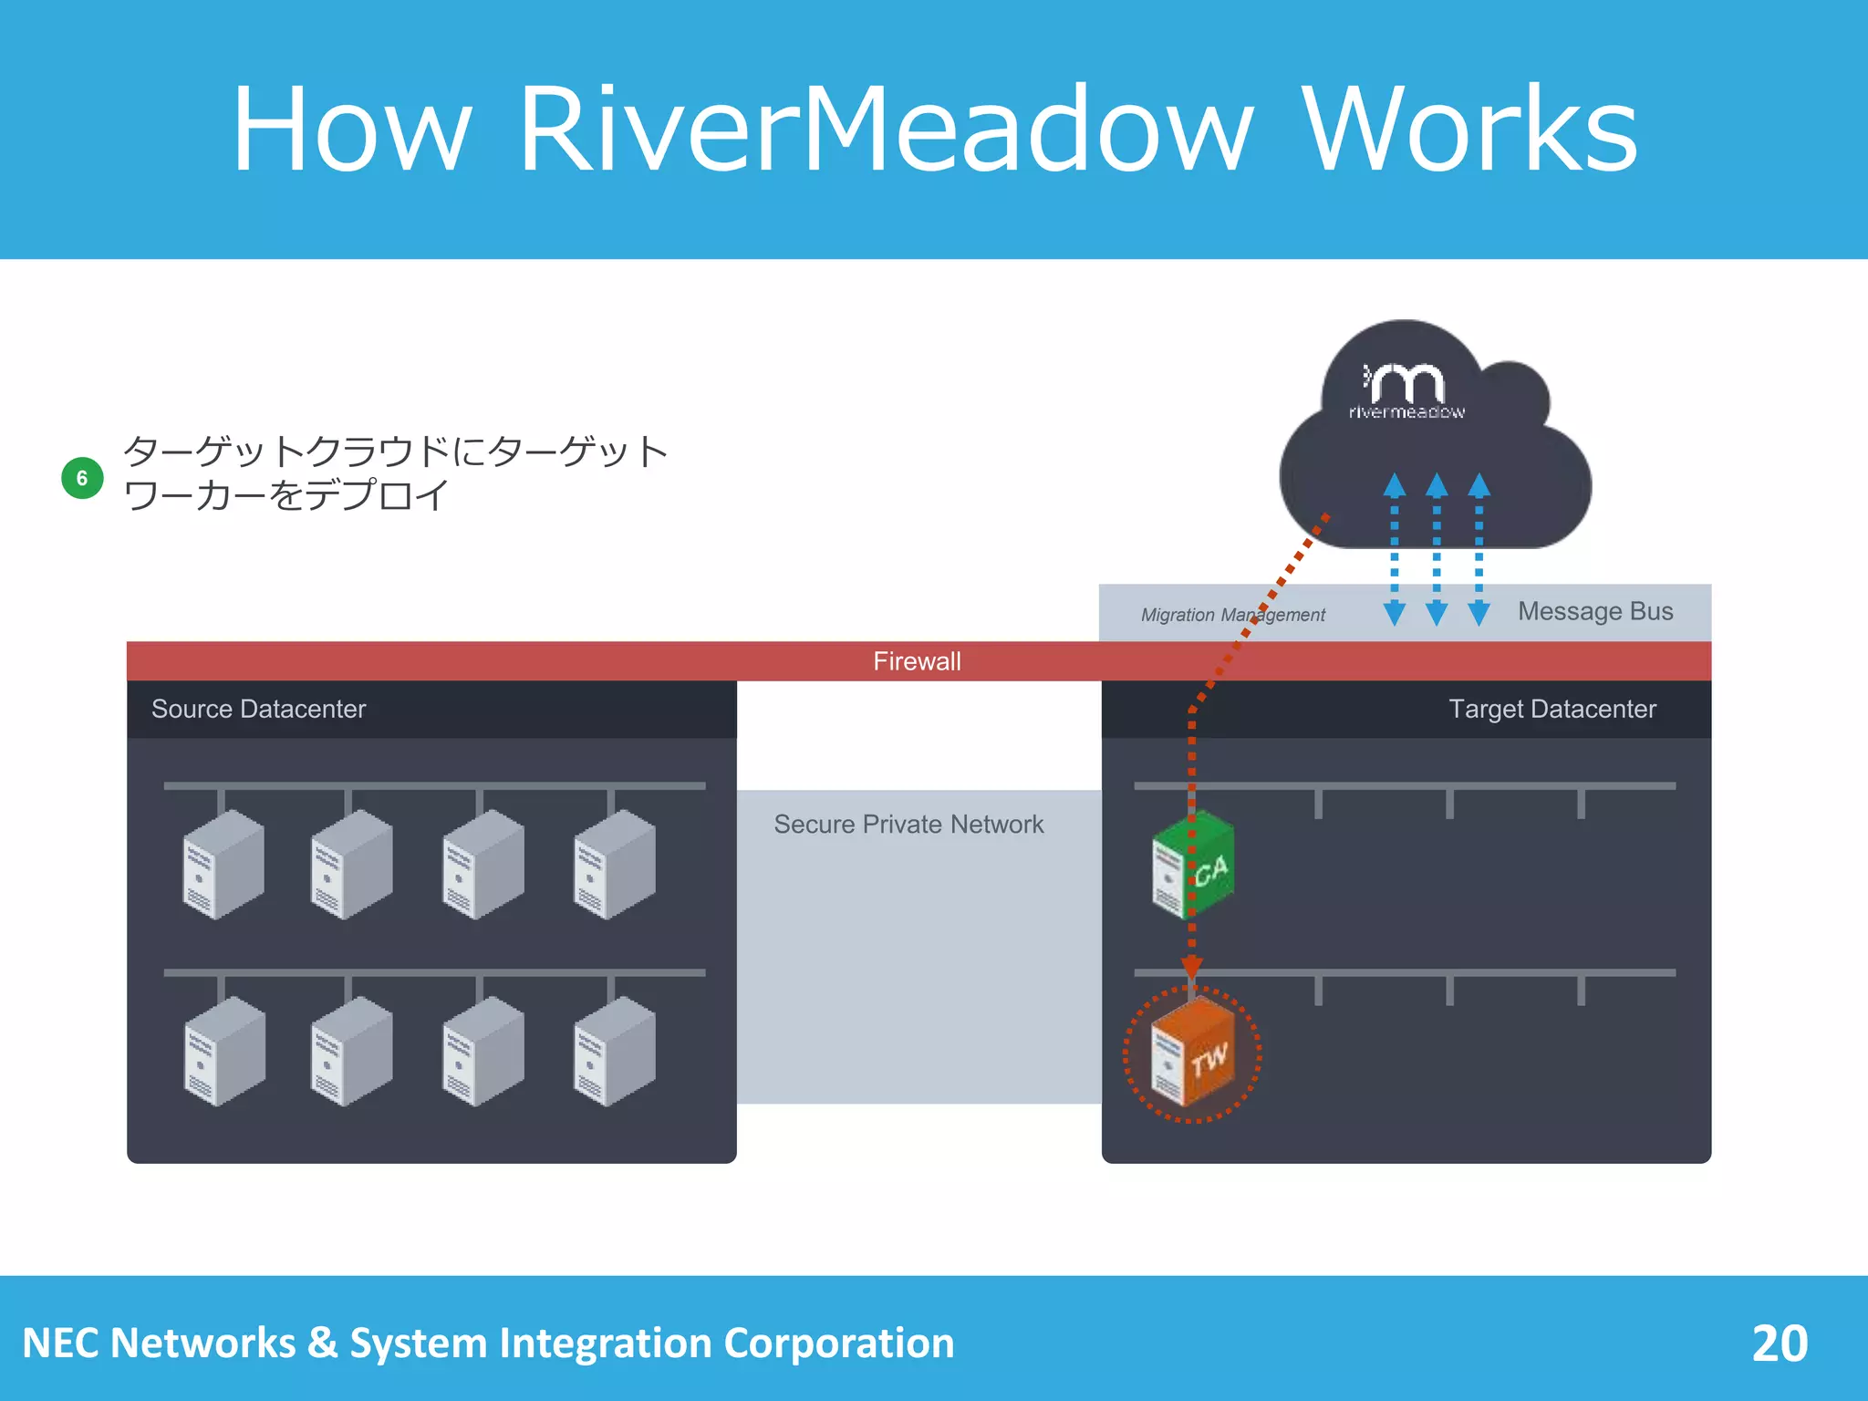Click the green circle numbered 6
point(82,478)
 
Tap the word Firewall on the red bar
point(917,661)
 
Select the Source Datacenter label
point(258,709)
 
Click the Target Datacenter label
point(1551,709)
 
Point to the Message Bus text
point(1594,611)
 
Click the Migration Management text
point(1231,615)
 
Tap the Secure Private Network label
point(908,825)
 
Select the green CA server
point(1193,866)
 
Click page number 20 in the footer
point(1779,1344)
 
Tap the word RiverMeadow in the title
point(885,130)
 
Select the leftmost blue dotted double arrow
point(1394,548)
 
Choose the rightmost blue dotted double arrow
point(1479,548)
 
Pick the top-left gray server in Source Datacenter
point(224,865)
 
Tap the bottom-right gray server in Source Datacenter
point(614,1052)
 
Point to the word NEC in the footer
point(60,1344)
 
